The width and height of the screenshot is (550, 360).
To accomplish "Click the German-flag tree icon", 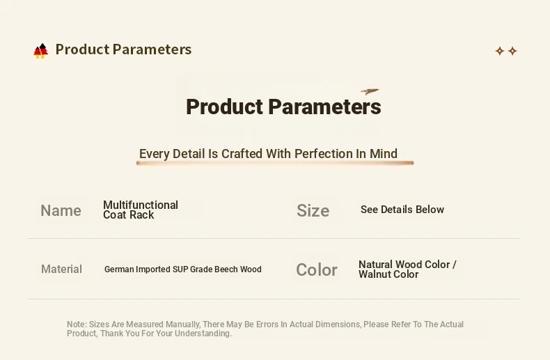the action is pyautogui.click(x=40, y=51).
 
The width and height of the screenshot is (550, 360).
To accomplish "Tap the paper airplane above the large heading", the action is pyautogui.click(x=370, y=92).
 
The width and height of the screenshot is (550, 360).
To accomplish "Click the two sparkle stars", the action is pyautogui.click(x=506, y=51).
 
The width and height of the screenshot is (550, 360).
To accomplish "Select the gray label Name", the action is pyautogui.click(x=61, y=210).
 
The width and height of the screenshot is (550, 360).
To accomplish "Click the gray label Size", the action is pyautogui.click(x=313, y=210).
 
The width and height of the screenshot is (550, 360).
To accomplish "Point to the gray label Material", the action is pyautogui.click(x=61, y=269).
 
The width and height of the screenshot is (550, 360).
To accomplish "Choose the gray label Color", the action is pyautogui.click(x=317, y=269).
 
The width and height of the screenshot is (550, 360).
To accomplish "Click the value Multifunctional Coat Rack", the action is pyautogui.click(x=141, y=210).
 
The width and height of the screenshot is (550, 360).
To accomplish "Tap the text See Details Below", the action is pyautogui.click(x=402, y=210).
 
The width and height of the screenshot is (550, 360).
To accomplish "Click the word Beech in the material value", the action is pyautogui.click(x=226, y=269).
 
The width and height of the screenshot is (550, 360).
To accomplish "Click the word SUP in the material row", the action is pyautogui.click(x=180, y=269).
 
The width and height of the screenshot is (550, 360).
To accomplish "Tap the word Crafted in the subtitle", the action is pyautogui.click(x=242, y=154).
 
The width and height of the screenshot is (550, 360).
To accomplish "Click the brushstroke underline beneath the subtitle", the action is pyautogui.click(x=275, y=163).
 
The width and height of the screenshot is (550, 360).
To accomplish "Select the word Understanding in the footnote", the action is pyautogui.click(x=203, y=334).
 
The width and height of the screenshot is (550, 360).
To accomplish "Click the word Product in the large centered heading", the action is pyautogui.click(x=224, y=107).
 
